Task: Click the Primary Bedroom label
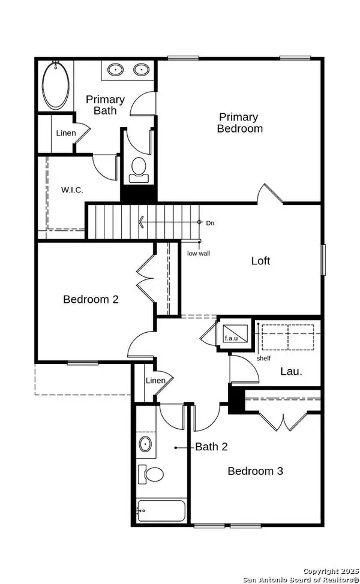tap(239, 122)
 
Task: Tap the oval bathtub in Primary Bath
tap(56, 85)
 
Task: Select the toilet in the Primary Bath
tap(139, 168)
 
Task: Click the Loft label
tap(260, 261)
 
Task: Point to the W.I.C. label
tap(72, 190)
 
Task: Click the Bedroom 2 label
tap(91, 299)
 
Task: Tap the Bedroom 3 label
tap(255, 471)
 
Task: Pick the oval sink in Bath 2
tap(145, 444)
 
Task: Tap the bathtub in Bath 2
tap(161, 511)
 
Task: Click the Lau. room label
tap(291, 372)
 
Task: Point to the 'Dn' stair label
tap(210, 223)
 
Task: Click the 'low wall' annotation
tap(199, 254)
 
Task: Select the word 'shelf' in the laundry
tap(263, 359)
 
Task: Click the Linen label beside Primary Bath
tap(66, 133)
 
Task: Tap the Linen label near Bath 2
tap(155, 381)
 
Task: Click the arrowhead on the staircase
tap(141, 222)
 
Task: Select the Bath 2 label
tap(211, 447)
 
